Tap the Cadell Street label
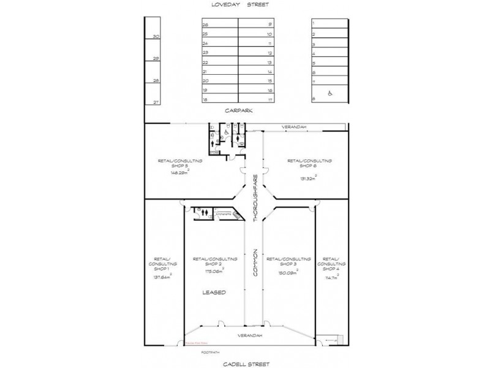click(x=245, y=363)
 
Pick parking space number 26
click(x=206, y=25)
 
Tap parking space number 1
click(x=314, y=23)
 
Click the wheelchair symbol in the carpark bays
click(x=330, y=94)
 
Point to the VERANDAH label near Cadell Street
click(x=250, y=336)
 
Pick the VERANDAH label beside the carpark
click(x=294, y=127)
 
